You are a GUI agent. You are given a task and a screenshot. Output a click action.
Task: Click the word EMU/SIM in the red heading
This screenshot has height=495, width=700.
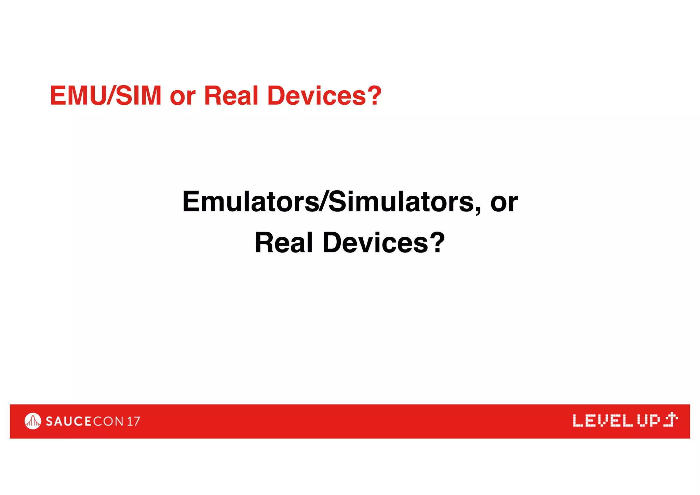coord(106,95)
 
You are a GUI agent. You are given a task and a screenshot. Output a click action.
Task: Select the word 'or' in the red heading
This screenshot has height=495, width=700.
coord(183,97)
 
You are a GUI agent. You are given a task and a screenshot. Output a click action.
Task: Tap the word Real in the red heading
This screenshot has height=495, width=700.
coord(231,95)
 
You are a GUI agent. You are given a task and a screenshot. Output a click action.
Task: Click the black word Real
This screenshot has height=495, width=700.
coord(284,243)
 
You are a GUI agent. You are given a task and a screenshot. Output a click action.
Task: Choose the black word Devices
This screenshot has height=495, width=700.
coord(375,243)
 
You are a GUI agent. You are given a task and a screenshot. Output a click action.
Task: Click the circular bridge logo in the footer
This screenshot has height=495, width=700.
coord(33,421)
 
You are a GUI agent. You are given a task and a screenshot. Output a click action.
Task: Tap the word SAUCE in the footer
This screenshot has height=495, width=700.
coord(69,421)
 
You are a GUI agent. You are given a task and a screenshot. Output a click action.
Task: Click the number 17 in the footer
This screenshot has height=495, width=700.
coord(133,421)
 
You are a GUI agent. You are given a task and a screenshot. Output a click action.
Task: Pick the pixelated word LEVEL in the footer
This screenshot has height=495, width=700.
coord(603,421)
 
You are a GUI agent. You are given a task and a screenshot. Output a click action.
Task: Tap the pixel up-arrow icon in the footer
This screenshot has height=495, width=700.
coord(671,420)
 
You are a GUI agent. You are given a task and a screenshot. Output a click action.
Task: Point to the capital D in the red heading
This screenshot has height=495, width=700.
coord(275,95)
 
